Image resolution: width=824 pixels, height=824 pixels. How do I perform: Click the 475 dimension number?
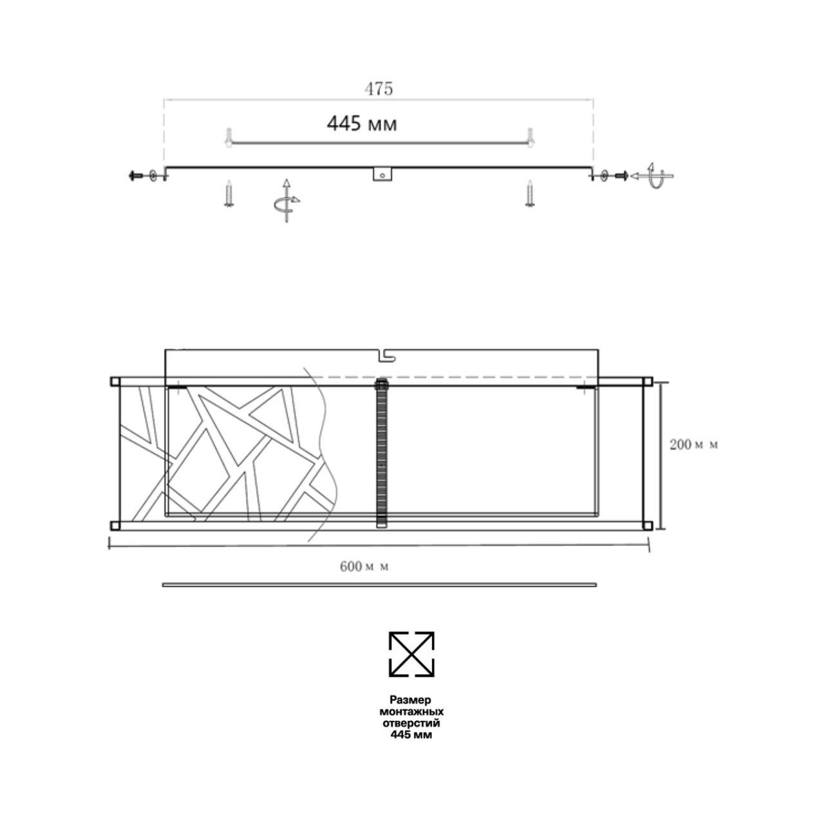click(379, 89)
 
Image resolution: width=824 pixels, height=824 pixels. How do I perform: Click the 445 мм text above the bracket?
click(361, 123)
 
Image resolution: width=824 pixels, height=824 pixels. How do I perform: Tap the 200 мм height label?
click(693, 444)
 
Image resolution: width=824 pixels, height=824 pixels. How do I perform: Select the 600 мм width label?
click(364, 566)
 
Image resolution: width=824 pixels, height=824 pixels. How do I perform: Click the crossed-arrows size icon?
click(411, 654)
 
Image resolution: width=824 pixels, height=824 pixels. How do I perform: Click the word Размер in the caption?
click(410, 699)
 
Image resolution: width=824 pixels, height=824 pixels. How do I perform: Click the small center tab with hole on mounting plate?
click(382, 175)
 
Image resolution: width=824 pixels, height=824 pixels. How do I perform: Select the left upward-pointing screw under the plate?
click(229, 194)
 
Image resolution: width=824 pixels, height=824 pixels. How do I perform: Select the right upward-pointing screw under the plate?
click(529, 194)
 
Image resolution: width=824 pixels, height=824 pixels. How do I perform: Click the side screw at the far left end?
click(136, 175)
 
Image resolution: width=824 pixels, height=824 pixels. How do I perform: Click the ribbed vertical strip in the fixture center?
click(382, 454)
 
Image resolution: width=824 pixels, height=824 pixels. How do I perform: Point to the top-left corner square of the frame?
click(115, 382)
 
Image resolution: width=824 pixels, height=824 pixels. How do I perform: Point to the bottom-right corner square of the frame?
click(648, 525)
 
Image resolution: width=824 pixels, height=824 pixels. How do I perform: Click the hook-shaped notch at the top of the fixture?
click(385, 354)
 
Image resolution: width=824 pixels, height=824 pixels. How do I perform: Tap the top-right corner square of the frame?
click(648, 382)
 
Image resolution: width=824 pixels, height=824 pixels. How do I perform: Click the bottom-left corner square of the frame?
click(115, 525)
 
